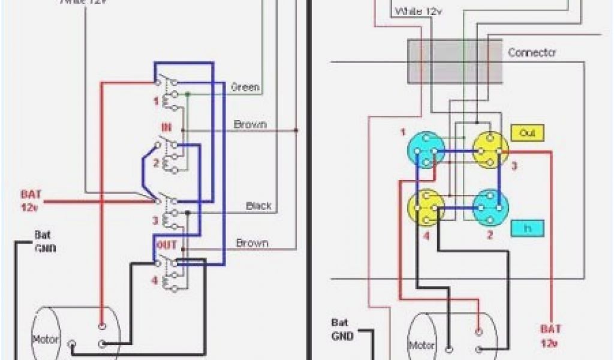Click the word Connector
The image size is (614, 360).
pos(532,52)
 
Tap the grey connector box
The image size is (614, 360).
pos(455,61)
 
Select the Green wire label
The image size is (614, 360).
pos(246,87)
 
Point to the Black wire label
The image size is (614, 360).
pos(259,206)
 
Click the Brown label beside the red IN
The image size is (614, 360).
pos(251,125)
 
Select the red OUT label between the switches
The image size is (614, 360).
pos(167,245)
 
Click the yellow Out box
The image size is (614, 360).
pos(527,133)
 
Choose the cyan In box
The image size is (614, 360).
pos(527,228)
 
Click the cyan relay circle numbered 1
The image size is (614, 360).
pos(426,150)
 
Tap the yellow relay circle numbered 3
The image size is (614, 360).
pos(489,150)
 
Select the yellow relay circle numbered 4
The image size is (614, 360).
pos(426,207)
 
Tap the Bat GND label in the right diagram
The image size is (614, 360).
pos(343,329)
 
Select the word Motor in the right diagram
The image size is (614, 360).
pos(423,346)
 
